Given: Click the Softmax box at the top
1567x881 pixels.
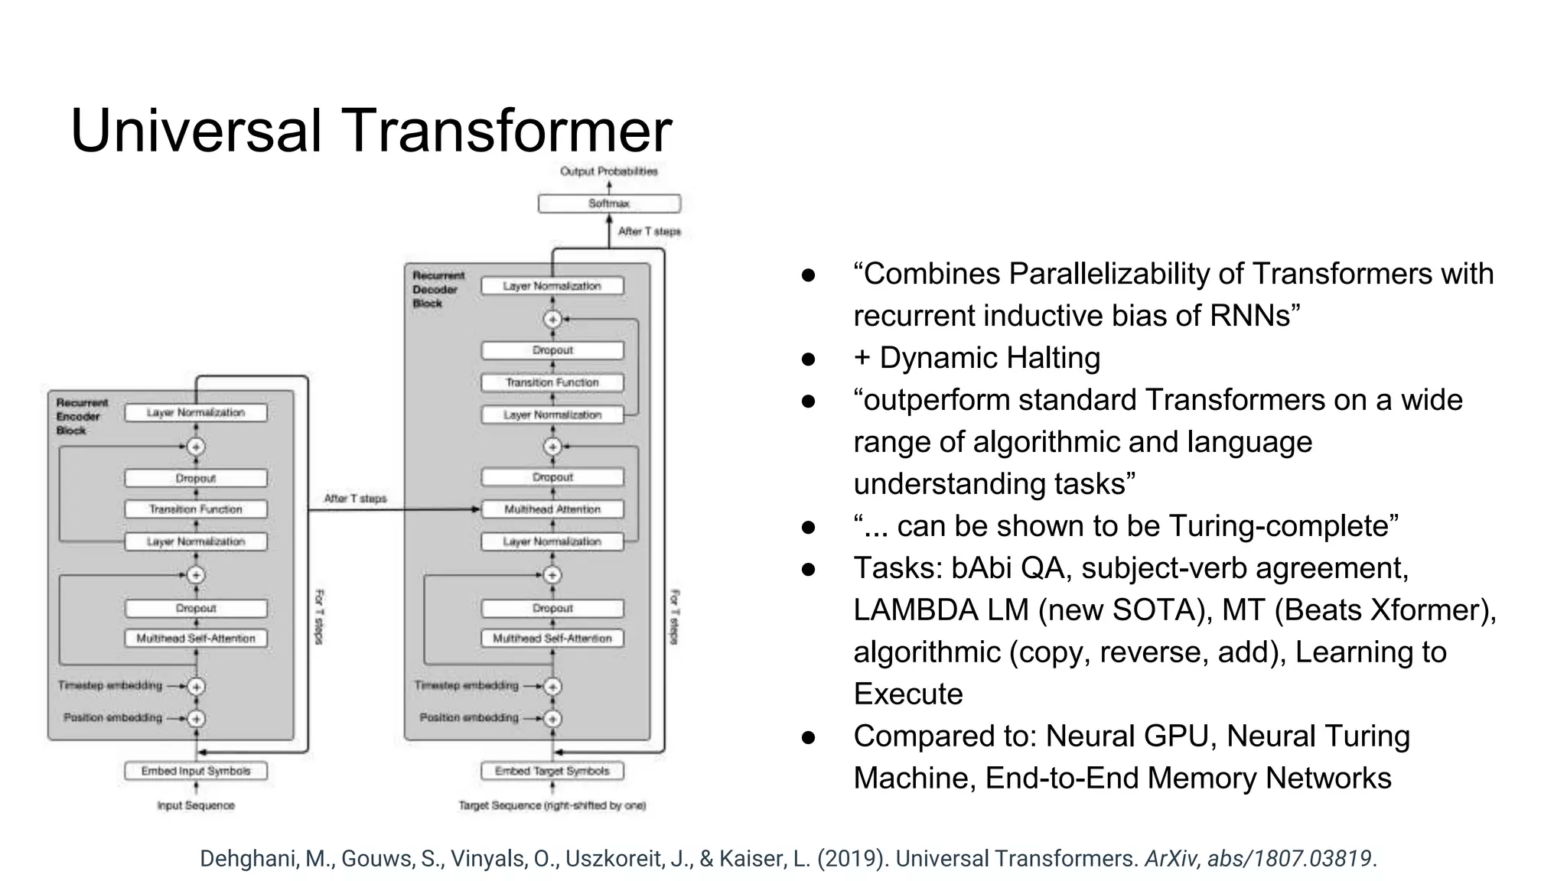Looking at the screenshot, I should tap(609, 203).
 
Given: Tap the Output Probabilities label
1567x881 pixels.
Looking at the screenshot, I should tap(609, 171).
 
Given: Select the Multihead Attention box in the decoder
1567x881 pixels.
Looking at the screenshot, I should tap(552, 509).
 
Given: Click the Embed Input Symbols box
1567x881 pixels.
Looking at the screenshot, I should tap(196, 771).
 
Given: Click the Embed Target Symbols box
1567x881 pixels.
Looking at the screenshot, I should tap(552, 771).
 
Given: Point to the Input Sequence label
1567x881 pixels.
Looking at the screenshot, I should tap(196, 805).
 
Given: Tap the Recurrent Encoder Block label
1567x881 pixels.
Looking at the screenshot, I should tap(82, 417).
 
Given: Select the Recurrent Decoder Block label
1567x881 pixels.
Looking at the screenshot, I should tap(438, 289).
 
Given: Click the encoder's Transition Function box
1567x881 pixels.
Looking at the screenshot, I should tap(196, 509).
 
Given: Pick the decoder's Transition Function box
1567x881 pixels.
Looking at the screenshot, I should tap(552, 382).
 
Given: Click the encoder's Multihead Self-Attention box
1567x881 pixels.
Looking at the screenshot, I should tap(196, 639).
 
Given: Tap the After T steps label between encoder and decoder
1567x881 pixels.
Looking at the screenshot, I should tap(355, 499).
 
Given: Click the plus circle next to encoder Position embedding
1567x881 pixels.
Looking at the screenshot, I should tap(197, 718).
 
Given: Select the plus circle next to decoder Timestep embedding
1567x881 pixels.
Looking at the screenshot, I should tap(552, 686).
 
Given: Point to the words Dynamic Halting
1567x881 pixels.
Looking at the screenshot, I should tap(989, 358).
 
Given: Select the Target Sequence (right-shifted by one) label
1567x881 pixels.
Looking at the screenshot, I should tap(552, 805).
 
